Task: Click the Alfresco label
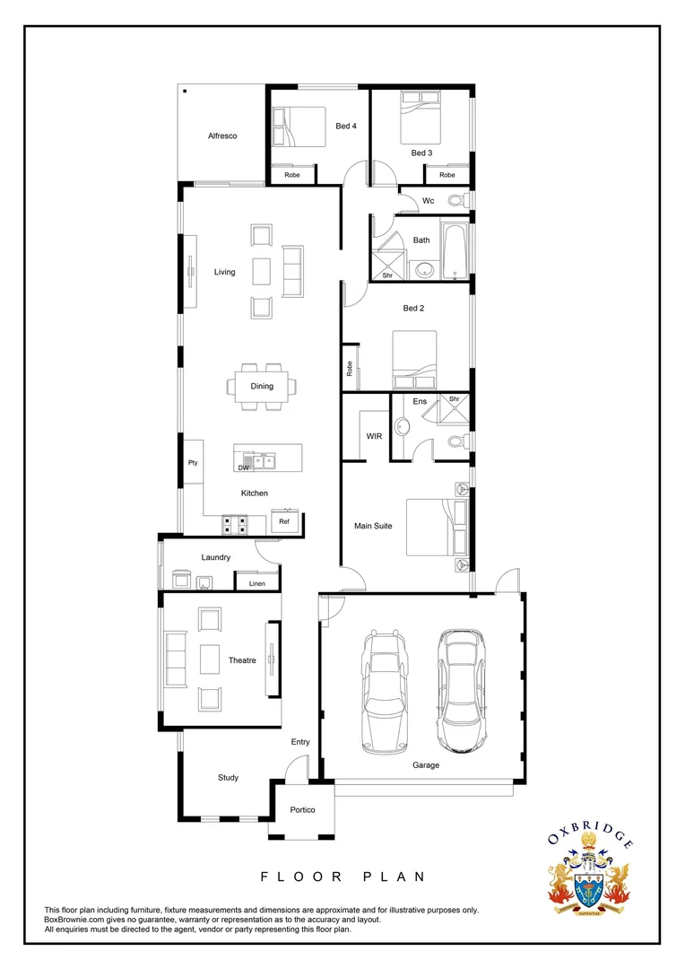tap(222, 135)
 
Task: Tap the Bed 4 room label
tap(346, 127)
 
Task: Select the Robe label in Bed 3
tap(447, 175)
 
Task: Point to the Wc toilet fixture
tap(457, 200)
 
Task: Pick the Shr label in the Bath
tap(387, 275)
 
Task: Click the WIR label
tap(375, 436)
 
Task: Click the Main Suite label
tap(371, 526)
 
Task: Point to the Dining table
tap(262, 386)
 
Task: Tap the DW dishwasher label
tap(243, 467)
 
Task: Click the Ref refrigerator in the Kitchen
tap(284, 521)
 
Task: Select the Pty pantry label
tap(193, 463)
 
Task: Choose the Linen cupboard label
tap(257, 583)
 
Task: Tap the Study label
tap(228, 777)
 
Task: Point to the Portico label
tap(302, 810)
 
